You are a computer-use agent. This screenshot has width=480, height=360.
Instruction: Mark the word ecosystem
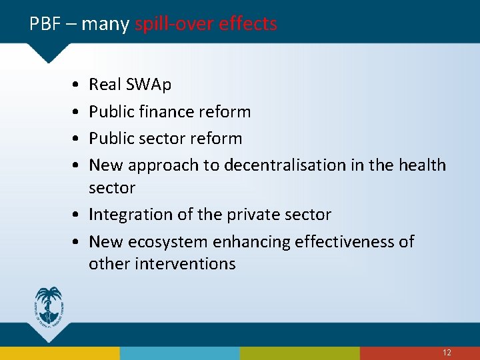click(173, 241)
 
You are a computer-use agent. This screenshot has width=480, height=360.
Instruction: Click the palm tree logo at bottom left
click(49, 306)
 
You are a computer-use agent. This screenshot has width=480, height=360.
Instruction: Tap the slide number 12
click(447, 353)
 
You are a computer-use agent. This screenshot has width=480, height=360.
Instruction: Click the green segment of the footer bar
click(300, 353)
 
